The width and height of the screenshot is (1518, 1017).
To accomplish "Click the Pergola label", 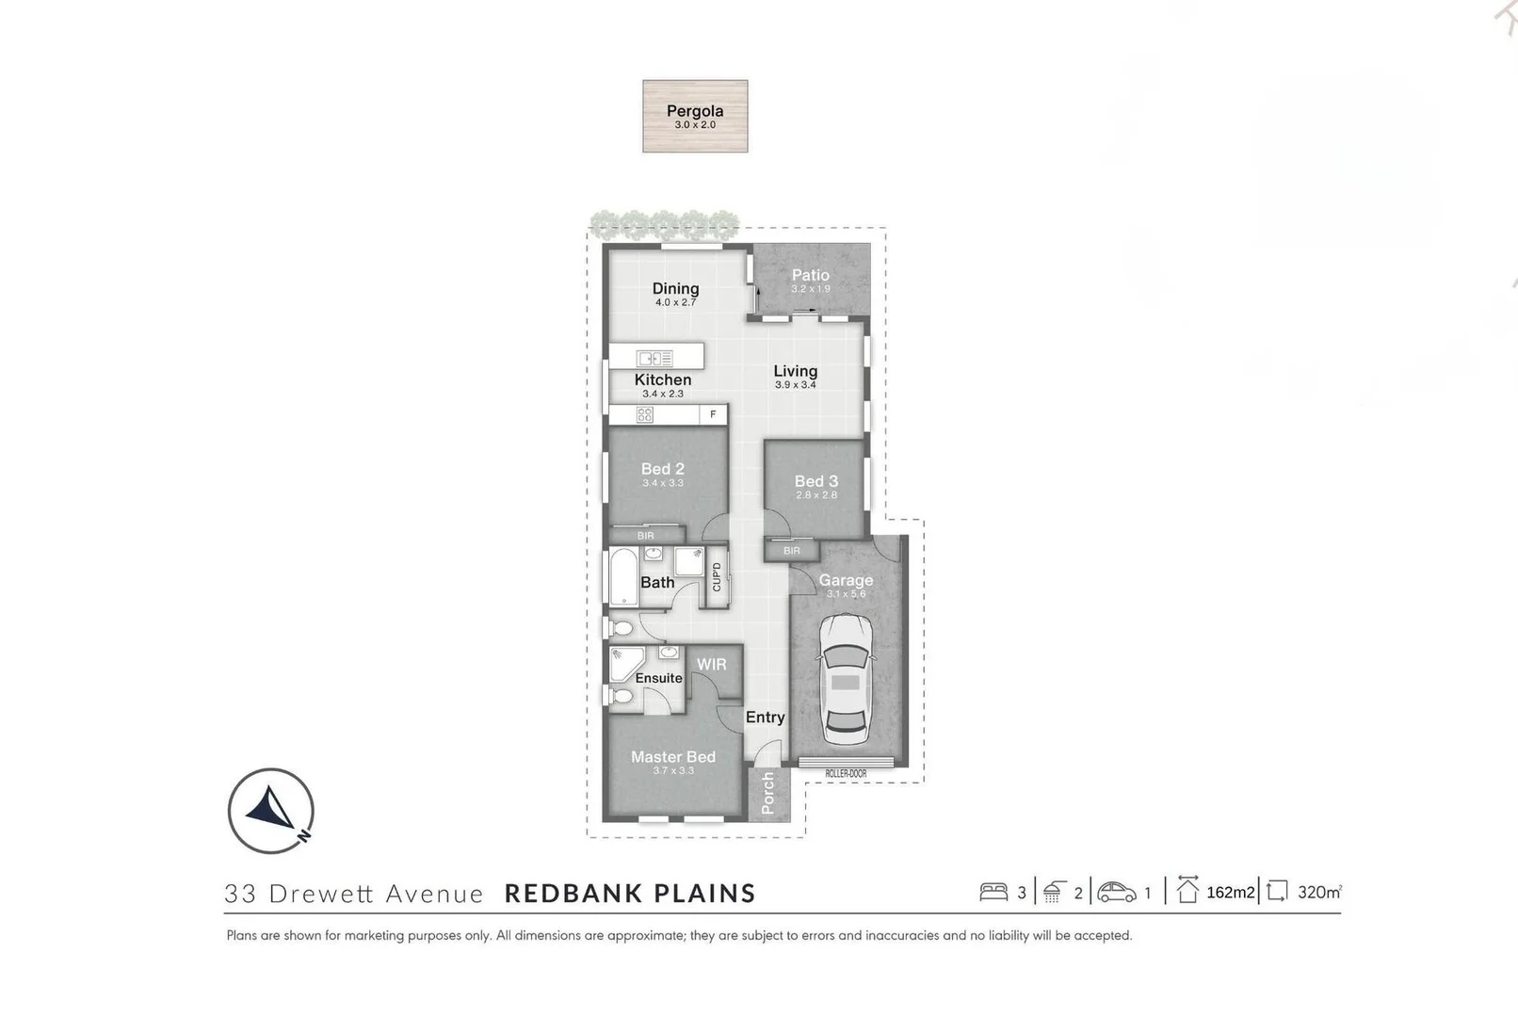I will [695, 111].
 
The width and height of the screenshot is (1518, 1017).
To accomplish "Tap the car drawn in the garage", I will [846, 679].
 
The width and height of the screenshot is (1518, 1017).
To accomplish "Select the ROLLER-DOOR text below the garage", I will [846, 774].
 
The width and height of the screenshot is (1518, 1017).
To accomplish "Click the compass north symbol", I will [270, 811].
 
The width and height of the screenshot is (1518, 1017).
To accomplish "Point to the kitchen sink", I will [654, 358].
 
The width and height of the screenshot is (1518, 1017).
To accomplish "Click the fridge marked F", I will [714, 414].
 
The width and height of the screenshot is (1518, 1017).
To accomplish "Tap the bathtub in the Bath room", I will [622, 576].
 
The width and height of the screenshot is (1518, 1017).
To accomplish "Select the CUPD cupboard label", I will [717, 576].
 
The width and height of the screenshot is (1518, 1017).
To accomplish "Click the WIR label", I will [712, 665].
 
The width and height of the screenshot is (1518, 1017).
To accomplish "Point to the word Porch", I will [767, 793].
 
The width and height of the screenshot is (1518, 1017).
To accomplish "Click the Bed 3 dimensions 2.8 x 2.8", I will [816, 495].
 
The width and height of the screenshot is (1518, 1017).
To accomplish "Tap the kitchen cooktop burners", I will [645, 414].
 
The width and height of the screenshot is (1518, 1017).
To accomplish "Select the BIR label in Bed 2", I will [645, 536].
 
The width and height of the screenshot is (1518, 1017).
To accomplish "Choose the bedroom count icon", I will [993, 892].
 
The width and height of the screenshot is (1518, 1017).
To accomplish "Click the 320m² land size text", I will [1318, 892].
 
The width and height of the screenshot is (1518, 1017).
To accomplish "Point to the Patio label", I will [810, 275].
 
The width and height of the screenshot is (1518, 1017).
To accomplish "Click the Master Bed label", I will [673, 757].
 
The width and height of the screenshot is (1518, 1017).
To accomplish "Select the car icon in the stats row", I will [1117, 892].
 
